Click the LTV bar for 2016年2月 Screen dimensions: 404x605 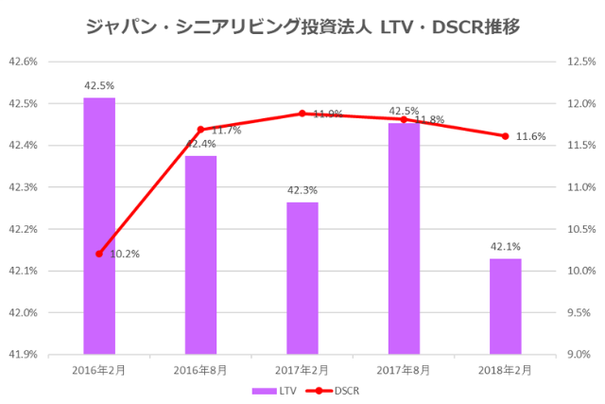point(99,226)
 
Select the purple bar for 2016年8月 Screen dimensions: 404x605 point(200,255)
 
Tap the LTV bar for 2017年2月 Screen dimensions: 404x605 point(302,278)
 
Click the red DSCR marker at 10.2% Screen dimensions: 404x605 point(99,254)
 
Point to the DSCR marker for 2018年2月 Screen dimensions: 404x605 point(505,136)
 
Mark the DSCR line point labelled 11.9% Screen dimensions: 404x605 point(302,114)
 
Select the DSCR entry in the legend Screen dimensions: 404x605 point(332,390)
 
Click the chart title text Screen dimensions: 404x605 point(302,27)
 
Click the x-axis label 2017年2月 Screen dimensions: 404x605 point(302,369)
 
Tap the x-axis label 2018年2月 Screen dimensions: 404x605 point(505,369)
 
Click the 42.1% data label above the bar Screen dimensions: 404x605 point(505,247)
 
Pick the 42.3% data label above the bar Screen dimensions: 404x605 point(302,190)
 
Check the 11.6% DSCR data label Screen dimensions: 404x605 point(531,136)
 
